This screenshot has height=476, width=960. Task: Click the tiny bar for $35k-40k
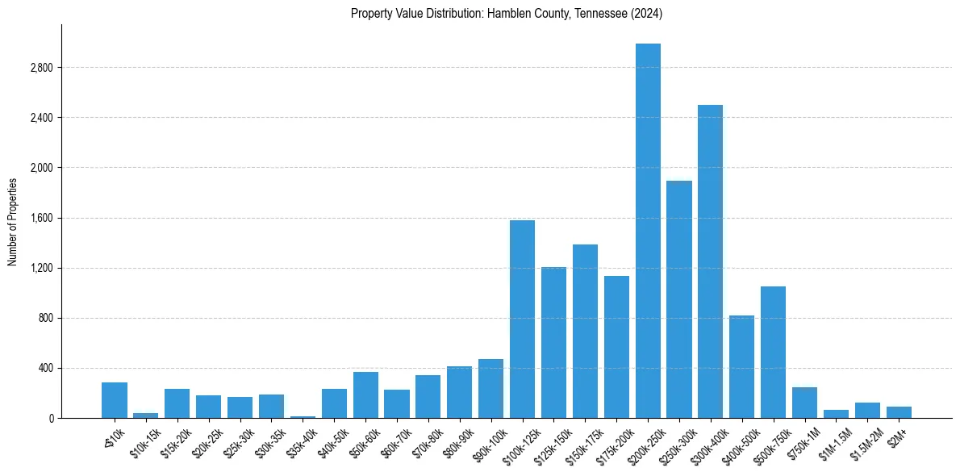(303, 416)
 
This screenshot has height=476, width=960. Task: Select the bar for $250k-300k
(679, 299)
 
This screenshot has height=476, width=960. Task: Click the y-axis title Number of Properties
(13, 221)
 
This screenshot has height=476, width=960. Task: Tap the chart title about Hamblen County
(507, 13)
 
